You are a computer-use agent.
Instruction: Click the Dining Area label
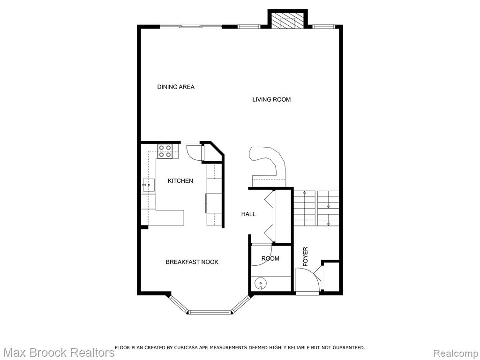pyautogui.click(x=176, y=87)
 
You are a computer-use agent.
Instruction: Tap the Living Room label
pyautogui.click(x=271, y=99)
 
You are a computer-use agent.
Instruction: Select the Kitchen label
pyautogui.click(x=180, y=181)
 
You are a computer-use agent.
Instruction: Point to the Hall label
pyautogui.click(x=248, y=214)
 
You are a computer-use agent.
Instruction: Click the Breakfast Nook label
pyautogui.click(x=192, y=262)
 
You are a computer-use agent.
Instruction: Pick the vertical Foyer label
pyautogui.click(x=305, y=256)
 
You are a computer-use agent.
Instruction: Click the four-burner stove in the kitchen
pyautogui.click(x=165, y=151)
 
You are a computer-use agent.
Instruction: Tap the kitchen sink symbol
pyautogui.click(x=148, y=185)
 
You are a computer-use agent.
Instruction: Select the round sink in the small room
pyautogui.click(x=261, y=283)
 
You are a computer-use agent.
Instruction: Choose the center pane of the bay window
pyautogui.click(x=210, y=312)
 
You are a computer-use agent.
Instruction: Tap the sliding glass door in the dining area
pyautogui.click(x=191, y=27)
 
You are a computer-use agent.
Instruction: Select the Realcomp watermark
pyautogui.click(x=456, y=353)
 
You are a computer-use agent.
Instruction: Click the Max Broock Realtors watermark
pyautogui.click(x=58, y=352)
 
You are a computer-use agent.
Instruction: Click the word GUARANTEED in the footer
pyautogui.click(x=349, y=347)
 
